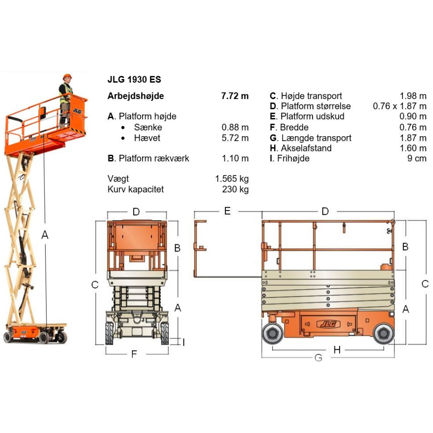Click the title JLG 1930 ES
click(x=134, y=79)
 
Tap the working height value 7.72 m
click(x=235, y=96)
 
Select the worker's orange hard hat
click(x=67, y=77)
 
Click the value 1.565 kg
click(x=232, y=179)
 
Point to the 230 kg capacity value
click(x=235, y=189)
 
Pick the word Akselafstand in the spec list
click(x=307, y=148)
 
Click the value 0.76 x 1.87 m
click(x=400, y=106)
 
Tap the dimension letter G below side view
click(x=318, y=358)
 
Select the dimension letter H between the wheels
click(x=337, y=349)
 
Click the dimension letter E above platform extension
click(x=227, y=211)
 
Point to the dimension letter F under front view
click(x=134, y=354)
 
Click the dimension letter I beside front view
click(x=184, y=342)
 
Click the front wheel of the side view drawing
click(x=384, y=334)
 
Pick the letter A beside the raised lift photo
click(x=45, y=235)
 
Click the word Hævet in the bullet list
click(x=147, y=138)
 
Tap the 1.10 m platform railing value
click(x=235, y=159)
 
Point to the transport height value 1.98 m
click(x=413, y=96)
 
